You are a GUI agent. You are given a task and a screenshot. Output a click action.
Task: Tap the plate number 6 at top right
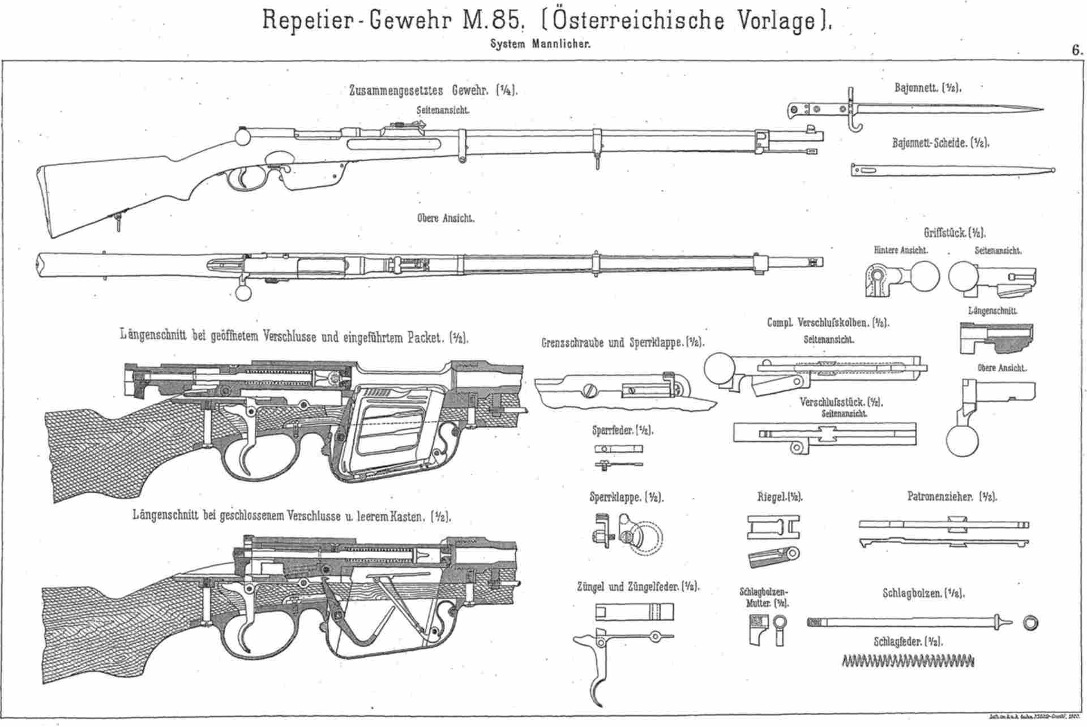point(1076,50)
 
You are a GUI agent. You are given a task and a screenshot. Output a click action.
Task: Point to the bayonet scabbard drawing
point(951,170)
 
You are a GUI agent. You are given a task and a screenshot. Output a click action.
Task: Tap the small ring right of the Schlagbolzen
point(1030,623)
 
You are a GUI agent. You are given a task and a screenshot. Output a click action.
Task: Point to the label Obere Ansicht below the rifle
point(446,218)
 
